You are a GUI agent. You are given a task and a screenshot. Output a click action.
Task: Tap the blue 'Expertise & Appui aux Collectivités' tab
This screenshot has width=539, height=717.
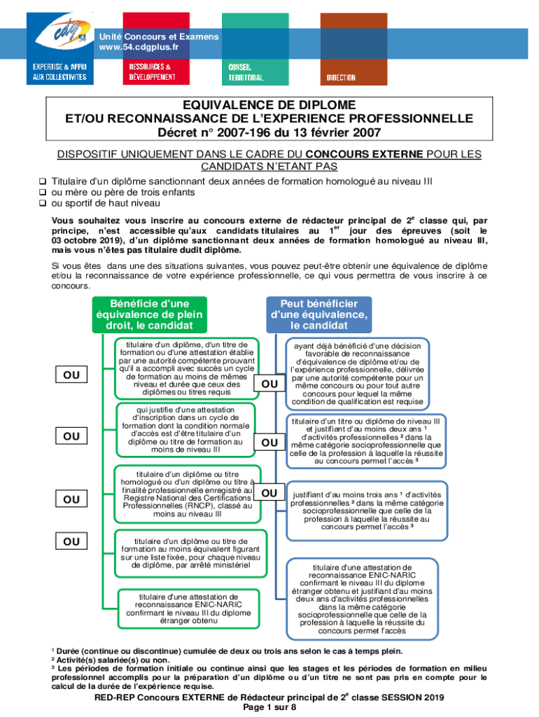pos(60,71)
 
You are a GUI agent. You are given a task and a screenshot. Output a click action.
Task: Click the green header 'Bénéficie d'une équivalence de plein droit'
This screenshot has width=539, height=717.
pos(150,315)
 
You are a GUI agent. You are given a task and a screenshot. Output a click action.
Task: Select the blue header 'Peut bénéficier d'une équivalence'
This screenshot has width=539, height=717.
pos(319,315)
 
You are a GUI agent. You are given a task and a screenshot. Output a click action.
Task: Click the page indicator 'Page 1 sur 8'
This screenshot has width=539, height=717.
pos(269,708)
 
